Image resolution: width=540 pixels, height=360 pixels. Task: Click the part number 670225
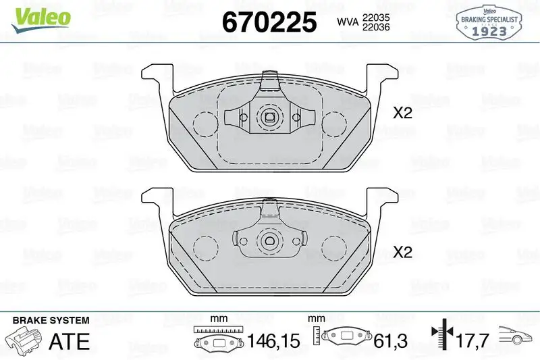point(269,22)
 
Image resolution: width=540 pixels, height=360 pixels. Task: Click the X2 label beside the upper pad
point(402,113)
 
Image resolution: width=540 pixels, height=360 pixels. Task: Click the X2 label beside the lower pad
point(402,253)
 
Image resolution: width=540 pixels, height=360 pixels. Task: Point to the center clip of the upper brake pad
point(270,118)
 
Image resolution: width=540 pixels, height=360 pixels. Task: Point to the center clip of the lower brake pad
point(270,241)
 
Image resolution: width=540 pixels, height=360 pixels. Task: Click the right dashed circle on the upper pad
point(333,123)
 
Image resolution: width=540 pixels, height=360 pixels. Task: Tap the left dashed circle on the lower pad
point(205,247)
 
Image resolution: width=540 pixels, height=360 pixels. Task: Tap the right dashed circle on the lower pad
point(333,247)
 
